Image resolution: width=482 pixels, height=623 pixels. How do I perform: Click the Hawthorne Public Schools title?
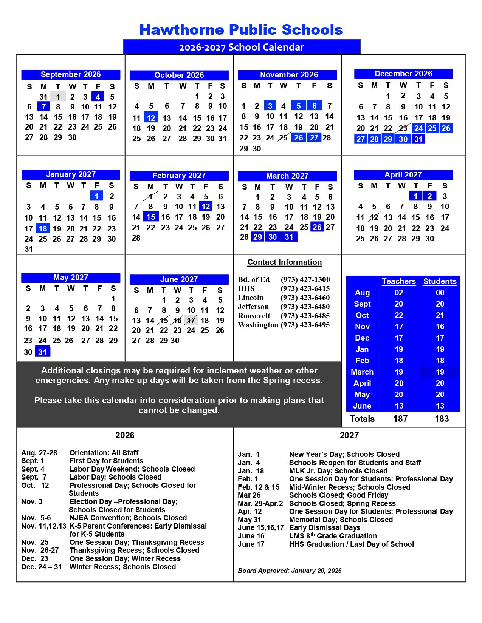(x=241, y=30)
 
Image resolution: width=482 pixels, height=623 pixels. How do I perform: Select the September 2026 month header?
(x=71, y=74)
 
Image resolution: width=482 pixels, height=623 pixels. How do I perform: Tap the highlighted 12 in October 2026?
(x=151, y=118)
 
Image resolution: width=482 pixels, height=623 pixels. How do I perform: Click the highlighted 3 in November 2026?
(x=270, y=106)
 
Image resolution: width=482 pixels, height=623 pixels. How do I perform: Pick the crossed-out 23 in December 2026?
(x=403, y=128)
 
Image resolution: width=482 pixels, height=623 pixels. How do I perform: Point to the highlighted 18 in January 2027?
(x=43, y=228)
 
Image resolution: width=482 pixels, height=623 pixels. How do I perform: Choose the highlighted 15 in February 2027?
(x=151, y=217)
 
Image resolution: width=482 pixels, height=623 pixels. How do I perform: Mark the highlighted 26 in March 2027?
(x=317, y=227)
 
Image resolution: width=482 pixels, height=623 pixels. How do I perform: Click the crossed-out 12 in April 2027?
(x=374, y=217)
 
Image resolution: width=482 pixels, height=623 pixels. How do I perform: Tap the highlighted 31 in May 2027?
(x=42, y=352)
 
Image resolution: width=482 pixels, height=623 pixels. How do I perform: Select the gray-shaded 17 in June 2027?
(x=191, y=320)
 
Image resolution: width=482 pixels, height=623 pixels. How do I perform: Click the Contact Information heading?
(x=284, y=262)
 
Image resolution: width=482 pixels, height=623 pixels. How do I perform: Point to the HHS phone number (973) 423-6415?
(x=305, y=288)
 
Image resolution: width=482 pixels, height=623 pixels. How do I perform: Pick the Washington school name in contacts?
(x=258, y=325)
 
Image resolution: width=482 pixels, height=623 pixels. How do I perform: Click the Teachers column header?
(x=398, y=281)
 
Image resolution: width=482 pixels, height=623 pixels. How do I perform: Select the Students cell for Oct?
(x=440, y=315)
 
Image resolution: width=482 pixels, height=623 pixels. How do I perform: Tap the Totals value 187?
(x=400, y=419)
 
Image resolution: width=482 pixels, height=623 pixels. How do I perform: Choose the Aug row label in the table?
(x=362, y=293)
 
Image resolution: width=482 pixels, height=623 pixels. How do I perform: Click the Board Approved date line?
(x=290, y=571)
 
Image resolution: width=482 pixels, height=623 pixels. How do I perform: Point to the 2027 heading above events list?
(x=349, y=435)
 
